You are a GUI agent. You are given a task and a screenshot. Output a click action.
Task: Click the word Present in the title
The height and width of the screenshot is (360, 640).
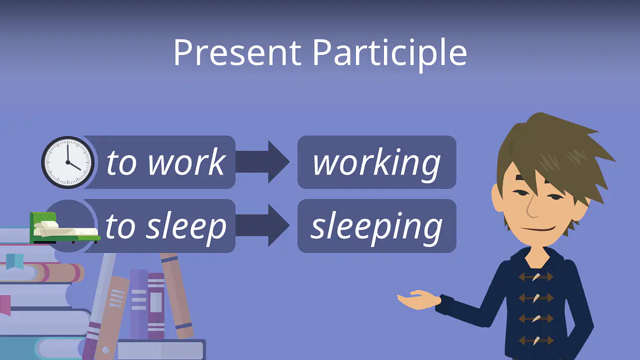237,52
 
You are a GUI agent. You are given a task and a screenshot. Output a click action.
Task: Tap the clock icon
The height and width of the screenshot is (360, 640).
68,162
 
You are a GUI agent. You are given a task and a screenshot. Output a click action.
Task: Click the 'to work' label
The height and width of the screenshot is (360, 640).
165,162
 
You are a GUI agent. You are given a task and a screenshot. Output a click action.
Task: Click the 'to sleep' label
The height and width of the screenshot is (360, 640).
165,227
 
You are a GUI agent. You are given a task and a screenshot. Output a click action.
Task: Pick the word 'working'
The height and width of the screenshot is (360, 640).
377,164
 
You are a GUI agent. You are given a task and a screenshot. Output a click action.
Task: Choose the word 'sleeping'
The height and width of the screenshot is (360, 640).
377,228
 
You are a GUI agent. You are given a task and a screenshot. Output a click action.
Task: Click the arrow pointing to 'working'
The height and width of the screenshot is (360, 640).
262,162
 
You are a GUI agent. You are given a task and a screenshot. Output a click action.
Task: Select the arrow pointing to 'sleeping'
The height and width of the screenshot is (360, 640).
262,226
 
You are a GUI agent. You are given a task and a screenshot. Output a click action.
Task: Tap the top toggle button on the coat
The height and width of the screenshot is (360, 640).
536,277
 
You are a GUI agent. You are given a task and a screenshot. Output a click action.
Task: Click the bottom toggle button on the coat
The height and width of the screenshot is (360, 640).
536,340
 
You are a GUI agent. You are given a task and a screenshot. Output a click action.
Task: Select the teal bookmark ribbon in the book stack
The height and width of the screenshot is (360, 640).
15,261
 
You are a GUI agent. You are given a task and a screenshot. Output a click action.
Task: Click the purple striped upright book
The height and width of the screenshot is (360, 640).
156,306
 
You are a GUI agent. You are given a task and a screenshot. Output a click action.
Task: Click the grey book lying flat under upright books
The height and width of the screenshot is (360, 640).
161,350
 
